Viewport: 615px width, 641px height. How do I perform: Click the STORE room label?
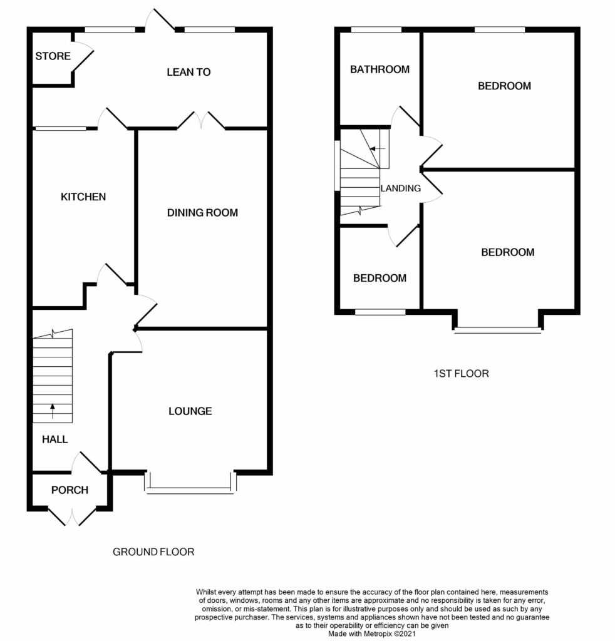(53, 56)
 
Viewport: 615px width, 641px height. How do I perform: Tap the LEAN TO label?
(189, 72)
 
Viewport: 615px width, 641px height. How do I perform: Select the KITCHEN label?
(83, 197)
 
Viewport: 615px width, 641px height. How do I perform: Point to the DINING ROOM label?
(202, 213)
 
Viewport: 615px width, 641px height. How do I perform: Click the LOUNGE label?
(190, 411)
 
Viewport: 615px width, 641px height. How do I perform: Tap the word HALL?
(54, 439)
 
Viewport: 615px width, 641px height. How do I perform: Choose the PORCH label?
(70, 490)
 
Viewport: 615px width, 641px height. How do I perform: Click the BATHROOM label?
(380, 69)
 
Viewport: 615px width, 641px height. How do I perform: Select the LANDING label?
(400, 188)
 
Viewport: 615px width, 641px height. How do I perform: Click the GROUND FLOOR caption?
(153, 552)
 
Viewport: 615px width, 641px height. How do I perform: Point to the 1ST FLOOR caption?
(461, 373)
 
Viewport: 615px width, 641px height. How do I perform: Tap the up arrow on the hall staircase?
(53, 411)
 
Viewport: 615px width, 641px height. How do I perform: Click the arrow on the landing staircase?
(377, 149)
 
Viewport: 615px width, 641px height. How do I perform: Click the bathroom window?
(376, 29)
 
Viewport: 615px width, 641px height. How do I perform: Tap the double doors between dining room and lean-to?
(201, 120)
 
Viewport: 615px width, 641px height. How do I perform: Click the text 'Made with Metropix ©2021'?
(372, 634)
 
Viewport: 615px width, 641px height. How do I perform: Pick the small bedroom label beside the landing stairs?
(380, 278)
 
